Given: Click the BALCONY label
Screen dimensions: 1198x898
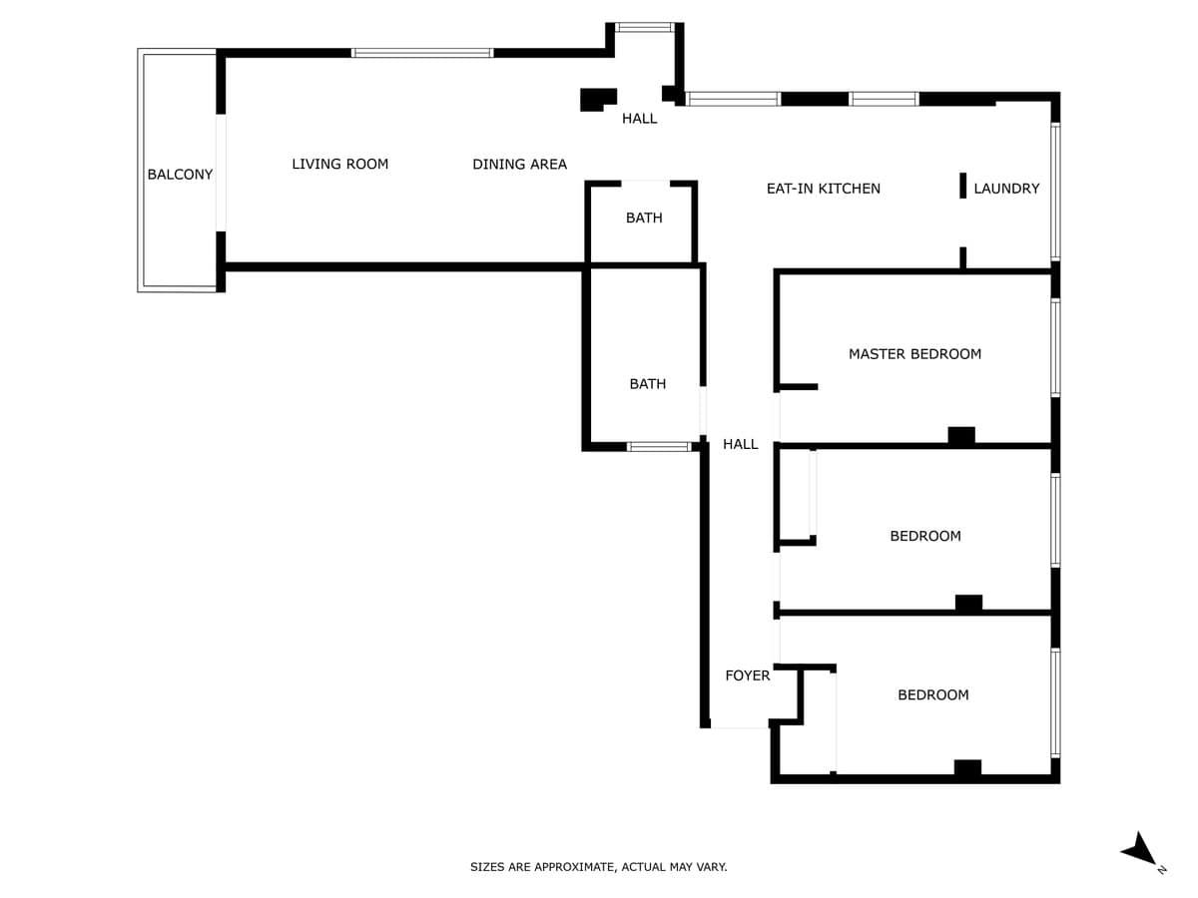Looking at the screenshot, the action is coord(180,175).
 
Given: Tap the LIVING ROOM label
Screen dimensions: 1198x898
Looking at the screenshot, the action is coord(340,164).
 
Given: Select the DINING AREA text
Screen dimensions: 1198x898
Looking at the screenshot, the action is coord(519,164).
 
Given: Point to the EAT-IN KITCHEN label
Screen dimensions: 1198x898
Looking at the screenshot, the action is coord(823,189).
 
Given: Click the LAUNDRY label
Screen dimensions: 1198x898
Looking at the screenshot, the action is coord(1006,189).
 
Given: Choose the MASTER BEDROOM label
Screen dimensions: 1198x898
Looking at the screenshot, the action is coord(914,354).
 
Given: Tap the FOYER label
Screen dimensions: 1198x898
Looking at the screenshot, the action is coord(747,676).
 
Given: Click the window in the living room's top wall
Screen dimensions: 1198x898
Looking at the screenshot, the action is coord(422,53).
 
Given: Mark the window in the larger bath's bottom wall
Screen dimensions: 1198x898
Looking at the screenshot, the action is coord(659,447).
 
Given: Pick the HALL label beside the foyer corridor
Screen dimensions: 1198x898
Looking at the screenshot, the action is coord(740,444).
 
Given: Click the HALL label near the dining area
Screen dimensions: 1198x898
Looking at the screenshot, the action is coord(639,119).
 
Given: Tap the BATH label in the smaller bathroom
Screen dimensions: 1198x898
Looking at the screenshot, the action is coord(644,219).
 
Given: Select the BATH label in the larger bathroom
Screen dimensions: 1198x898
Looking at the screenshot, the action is coord(647,384).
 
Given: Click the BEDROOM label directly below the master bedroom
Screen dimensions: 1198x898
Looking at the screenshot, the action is coord(925,536).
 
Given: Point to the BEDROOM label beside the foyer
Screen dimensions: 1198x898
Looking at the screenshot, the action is coord(932,694).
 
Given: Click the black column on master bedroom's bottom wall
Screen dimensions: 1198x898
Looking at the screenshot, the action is coord(961,436).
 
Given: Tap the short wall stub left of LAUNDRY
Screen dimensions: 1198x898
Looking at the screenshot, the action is coord(962,186).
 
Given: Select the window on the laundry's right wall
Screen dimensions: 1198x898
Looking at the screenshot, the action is coord(1055,192).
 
